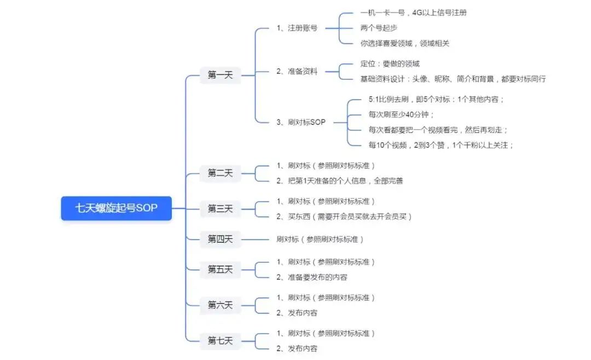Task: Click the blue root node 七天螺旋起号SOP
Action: point(116,208)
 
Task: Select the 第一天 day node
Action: point(220,76)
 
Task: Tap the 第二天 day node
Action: point(220,173)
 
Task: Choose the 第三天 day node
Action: point(220,208)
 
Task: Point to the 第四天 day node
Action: point(220,239)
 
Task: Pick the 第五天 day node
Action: point(220,269)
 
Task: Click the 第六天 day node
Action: point(220,305)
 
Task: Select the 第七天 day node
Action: point(220,340)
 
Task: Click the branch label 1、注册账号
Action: point(297,28)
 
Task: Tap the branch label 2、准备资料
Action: point(297,71)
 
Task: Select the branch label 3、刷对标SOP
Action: point(301,122)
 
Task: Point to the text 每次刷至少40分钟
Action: point(401,114)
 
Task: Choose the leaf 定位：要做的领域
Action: point(390,63)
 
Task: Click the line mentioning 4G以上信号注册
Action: point(414,12)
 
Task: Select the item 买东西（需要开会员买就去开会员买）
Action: point(344,217)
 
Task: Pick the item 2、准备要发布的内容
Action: point(312,277)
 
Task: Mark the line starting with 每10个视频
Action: point(441,145)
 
